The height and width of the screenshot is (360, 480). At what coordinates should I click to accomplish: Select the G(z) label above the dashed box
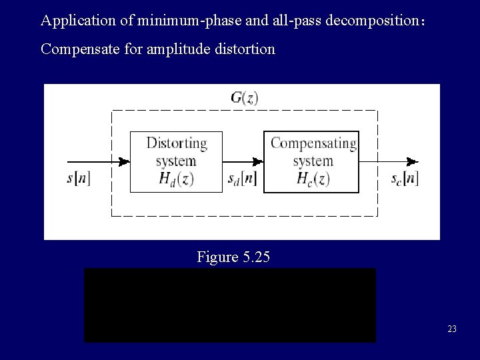pyautogui.click(x=244, y=98)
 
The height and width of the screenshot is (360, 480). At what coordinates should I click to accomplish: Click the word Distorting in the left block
pyautogui.click(x=176, y=143)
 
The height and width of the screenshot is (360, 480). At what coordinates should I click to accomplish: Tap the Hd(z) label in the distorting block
pyautogui.click(x=176, y=178)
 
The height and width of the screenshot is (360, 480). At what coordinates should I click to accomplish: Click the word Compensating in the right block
pyautogui.click(x=313, y=143)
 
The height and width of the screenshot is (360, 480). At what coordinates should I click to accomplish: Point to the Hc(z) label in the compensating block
pyautogui.click(x=313, y=178)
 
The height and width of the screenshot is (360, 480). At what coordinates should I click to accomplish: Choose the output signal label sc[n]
pyautogui.click(x=405, y=179)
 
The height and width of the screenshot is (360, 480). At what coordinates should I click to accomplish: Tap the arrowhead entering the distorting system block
pyautogui.click(x=124, y=161)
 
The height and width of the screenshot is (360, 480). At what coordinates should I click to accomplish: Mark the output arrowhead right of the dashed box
pyautogui.click(x=413, y=161)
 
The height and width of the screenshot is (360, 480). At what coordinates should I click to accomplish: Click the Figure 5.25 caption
pyautogui.click(x=233, y=256)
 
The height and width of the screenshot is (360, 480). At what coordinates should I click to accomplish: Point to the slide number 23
pyautogui.click(x=452, y=329)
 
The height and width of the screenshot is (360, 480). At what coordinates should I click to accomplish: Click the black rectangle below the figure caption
pyautogui.click(x=229, y=305)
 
